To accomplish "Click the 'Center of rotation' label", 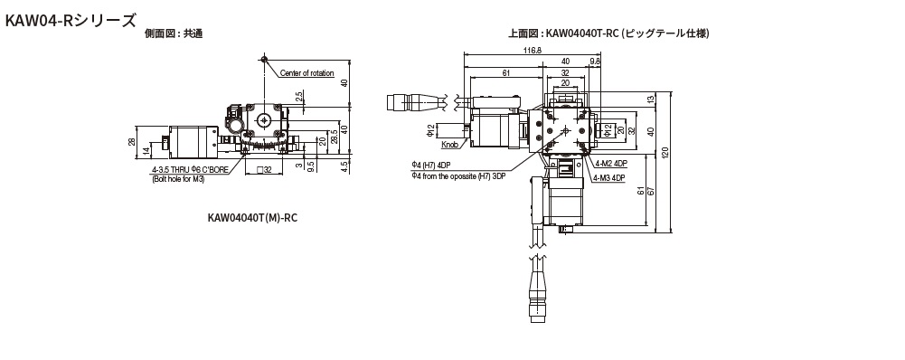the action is pyautogui.click(x=307, y=73).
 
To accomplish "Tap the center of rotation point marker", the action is pyautogui.click(x=264, y=59).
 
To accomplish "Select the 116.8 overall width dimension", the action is pyautogui.click(x=533, y=51).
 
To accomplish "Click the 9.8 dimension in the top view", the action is pyautogui.click(x=595, y=61).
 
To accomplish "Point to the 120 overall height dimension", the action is pyautogui.click(x=665, y=153).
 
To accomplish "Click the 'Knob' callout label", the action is pyautogui.click(x=449, y=145).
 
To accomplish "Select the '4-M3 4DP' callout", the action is pyautogui.click(x=609, y=178).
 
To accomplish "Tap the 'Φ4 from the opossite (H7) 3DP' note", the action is pyautogui.click(x=458, y=176).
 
